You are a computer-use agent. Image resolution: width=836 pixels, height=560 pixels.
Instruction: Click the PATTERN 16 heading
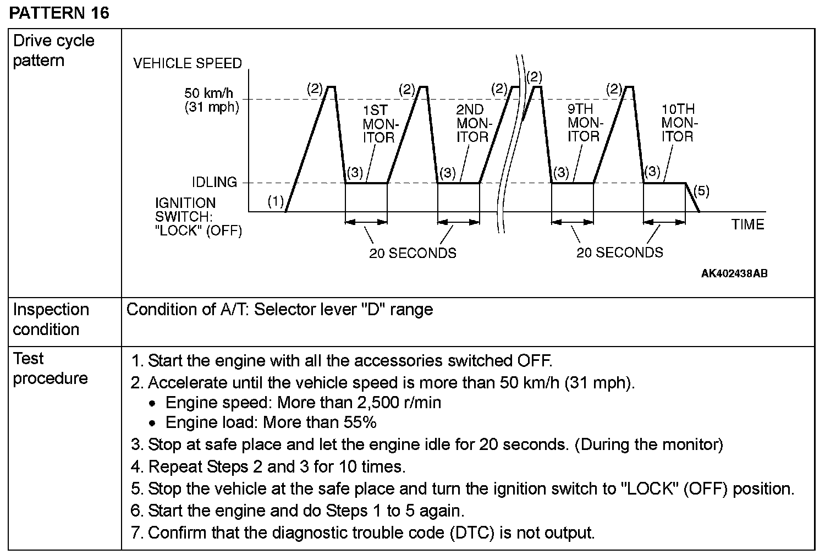(x=59, y=13)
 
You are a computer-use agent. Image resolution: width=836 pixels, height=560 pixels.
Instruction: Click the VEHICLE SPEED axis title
(x=188, y=63)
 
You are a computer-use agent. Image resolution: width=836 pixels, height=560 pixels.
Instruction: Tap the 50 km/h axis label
(x=209, y=93)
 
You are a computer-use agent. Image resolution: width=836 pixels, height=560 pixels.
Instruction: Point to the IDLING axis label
(x=215, y=182)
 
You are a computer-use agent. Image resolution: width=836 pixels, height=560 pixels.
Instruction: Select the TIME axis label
(x=747, y=224)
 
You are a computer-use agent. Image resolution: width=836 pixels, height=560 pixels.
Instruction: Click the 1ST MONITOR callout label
(x=380, y=124)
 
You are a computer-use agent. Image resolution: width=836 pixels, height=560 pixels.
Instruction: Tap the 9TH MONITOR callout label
(x=584, y=123)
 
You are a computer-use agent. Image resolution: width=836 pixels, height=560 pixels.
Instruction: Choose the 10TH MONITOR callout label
(x=678, y=123)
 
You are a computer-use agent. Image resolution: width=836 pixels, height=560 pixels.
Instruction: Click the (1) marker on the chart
(x=276, y=201)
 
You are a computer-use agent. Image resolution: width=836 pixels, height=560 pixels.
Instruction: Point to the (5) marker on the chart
(x=701, y=191)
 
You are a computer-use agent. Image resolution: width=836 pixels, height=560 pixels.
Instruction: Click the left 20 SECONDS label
(x=413, y=253)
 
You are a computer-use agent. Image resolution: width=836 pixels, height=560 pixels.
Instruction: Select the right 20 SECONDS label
(x=620, y=252)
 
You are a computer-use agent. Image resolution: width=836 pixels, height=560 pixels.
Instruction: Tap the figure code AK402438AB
(x=734, y=273)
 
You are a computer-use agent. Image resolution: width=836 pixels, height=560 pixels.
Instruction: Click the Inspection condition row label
(x=51, y=319)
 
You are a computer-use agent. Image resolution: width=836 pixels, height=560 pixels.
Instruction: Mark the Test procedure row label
(x=50, y=369)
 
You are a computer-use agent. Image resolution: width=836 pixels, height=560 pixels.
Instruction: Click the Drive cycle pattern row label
(x=53, y=50)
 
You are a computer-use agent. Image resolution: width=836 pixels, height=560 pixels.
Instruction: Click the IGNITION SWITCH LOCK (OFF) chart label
(x=198, y=217)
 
